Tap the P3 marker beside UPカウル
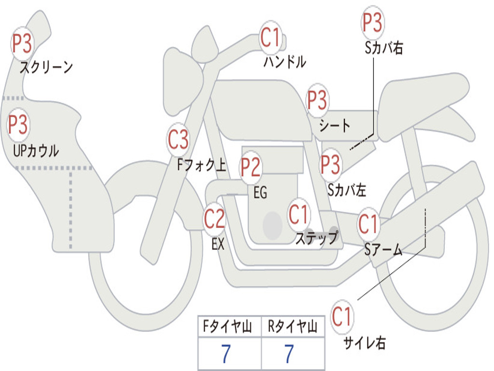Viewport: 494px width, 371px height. pos(18,125)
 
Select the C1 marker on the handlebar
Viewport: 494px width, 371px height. pos(270,38)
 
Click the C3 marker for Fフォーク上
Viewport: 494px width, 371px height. pos(178,140)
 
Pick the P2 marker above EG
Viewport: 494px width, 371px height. pos(250,167)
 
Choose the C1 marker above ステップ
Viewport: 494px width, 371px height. pos(299,214)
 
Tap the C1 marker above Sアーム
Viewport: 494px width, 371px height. pos(369,224)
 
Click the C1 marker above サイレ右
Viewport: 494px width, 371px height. pos(342,317)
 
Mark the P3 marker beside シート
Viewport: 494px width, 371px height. pos(317,100)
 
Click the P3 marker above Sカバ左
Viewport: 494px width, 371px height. pos(330,164)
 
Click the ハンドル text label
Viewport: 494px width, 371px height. pos(285,62)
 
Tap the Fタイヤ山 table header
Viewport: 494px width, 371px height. pos(229,328)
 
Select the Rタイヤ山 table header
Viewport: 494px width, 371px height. pos(292,328)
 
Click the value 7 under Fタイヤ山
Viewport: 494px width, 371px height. pos(226,355)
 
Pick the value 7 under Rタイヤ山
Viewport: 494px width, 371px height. pos(288,355)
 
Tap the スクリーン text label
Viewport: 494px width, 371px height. pos(46,67)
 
